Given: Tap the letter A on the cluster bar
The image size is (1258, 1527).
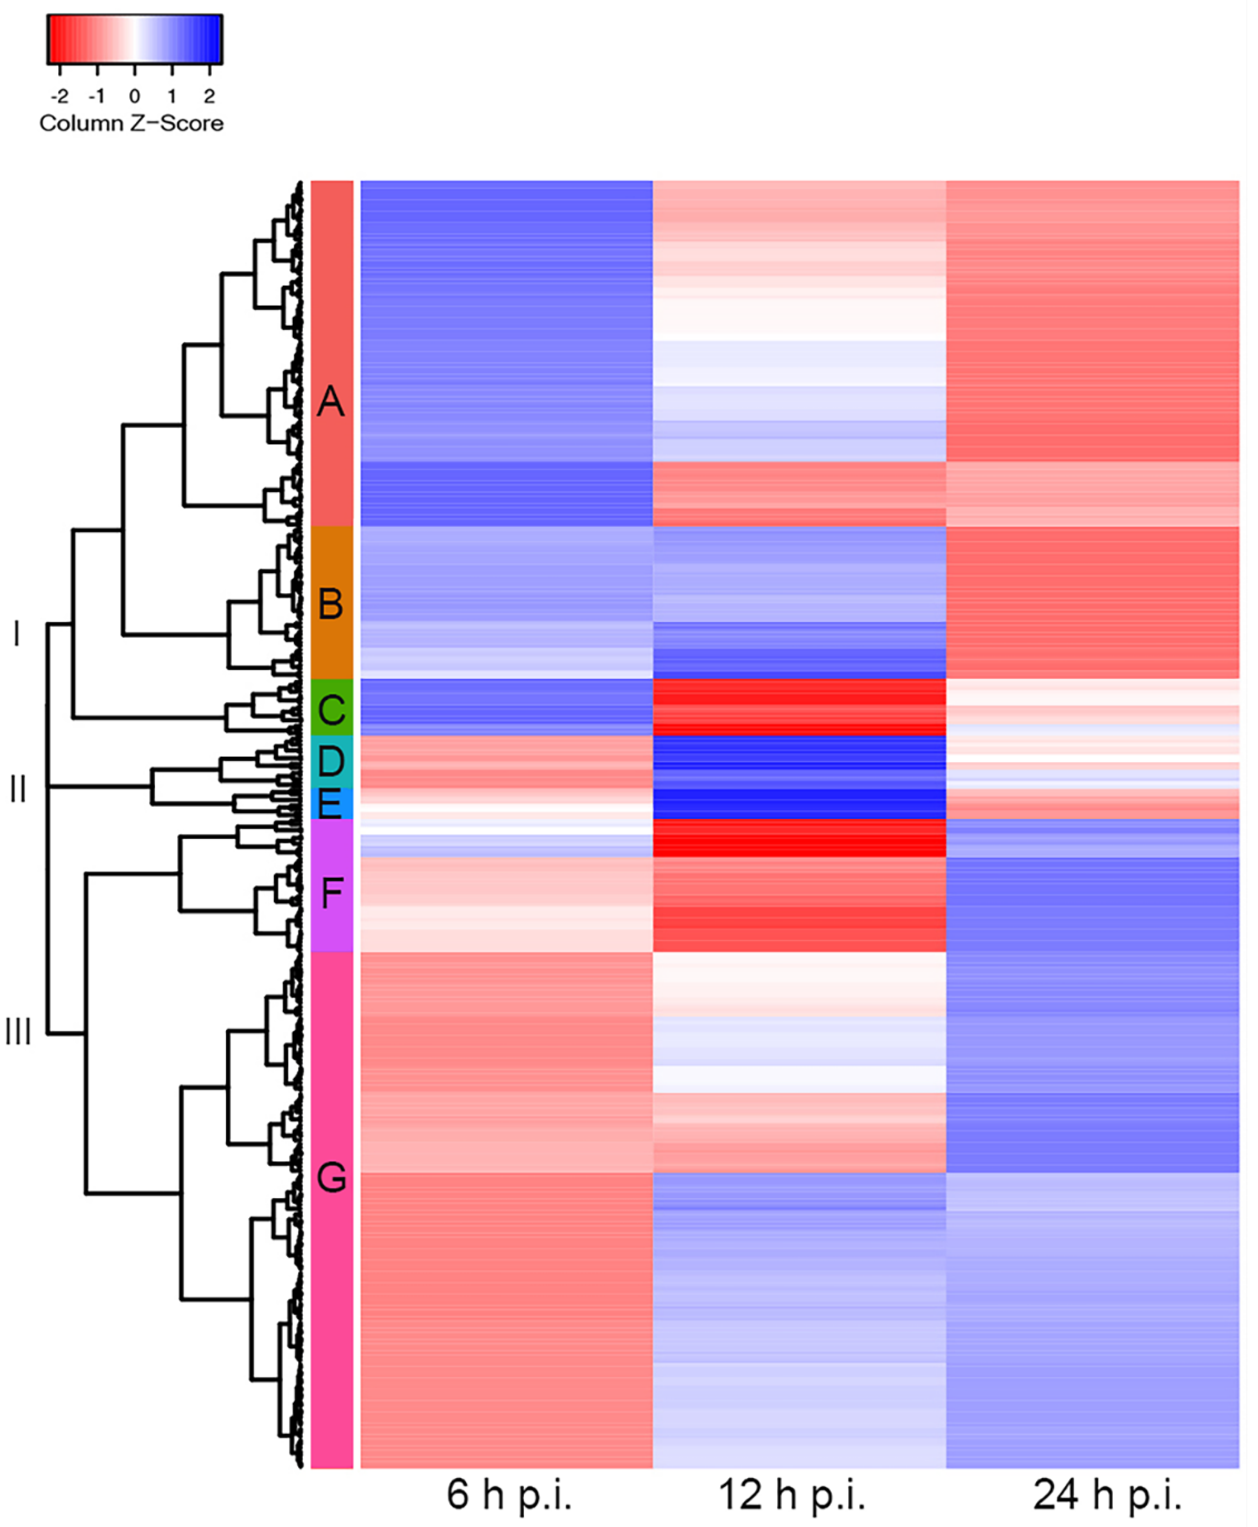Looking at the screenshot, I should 331,401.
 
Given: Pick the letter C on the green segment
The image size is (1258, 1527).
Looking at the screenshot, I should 331,709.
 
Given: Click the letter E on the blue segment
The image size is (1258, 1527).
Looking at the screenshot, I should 330,805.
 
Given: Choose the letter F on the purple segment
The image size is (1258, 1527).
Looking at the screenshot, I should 331,893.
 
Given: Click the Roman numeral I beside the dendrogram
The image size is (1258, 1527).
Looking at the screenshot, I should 17,634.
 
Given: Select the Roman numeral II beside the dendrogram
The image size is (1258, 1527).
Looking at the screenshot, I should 18,788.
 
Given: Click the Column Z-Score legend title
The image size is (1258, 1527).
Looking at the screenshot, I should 131,123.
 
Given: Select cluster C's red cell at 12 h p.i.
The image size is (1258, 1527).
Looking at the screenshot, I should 799,706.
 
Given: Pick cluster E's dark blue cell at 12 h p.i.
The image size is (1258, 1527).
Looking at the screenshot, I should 799,804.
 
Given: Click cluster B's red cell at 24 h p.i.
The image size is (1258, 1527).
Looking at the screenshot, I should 1092,601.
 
